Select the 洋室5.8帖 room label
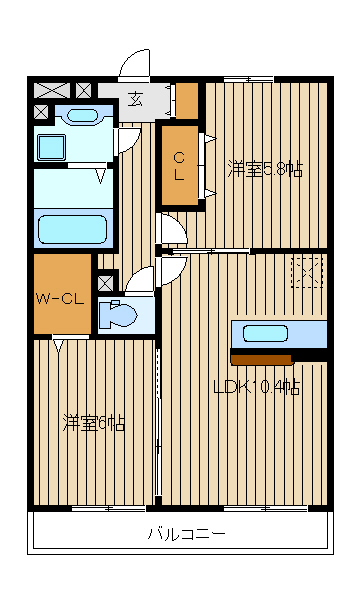coord(264,169)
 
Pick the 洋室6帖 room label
coord(93,423)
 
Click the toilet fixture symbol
coord(119,314)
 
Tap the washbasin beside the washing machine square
coord(76,114)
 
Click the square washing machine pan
coord(50,147)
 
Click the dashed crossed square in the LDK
coord(307,272)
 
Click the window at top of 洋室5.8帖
coord(248,79)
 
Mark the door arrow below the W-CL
coord(58,347)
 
